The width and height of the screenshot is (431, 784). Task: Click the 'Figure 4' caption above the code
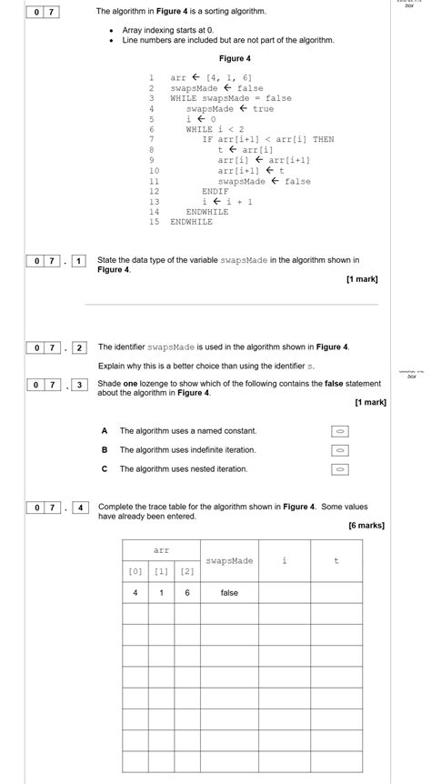click(x=235, y=58)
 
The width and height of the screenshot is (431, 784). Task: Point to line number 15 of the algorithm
click(x=153, y=221)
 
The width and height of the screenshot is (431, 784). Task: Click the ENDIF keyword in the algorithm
click(x=215, y=191)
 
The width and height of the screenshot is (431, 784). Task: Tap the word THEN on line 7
click(x=324, y=139)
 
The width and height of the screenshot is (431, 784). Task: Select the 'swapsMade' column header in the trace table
click(x=229, y=561)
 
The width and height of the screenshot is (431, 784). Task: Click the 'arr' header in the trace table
click(x=161, y=550)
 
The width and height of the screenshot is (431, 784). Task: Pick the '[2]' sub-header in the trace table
click(x=187, y=571)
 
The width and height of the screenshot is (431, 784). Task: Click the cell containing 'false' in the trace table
click(x=229, y=593)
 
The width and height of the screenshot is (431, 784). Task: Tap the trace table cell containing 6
click(x=187, y=593)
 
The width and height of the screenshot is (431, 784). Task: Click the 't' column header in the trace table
click(x=336, y=561)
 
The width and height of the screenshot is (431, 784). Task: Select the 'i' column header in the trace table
click(x=285, y=561)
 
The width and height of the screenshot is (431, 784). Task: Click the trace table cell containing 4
click(x=135, y=593)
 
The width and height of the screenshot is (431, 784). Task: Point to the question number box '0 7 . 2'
click(x=55, y=347)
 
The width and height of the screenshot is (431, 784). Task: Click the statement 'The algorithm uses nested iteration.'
click(x=184, y=469)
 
